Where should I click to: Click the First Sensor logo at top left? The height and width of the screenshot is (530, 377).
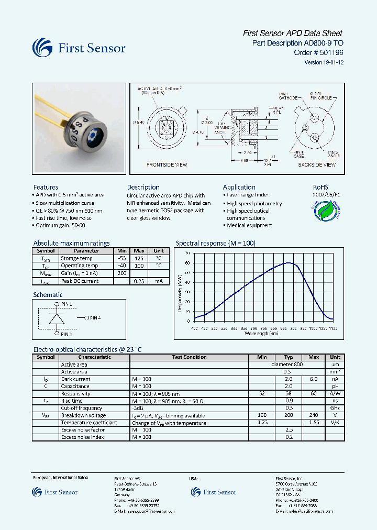[x=79, y=48]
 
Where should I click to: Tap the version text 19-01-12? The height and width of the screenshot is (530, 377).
[x=331, y=62]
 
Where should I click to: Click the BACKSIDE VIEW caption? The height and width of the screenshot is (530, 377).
[x=317, y=164]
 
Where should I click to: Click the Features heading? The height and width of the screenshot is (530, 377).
[x=46, y=187]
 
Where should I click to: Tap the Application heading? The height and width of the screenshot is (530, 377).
[x=239, y=187]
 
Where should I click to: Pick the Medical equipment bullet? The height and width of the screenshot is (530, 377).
[x=249, y=225]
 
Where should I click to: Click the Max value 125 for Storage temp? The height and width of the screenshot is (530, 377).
[x=139, y=258]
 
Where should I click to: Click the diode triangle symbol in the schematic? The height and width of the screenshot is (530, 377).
[x=57, y=318]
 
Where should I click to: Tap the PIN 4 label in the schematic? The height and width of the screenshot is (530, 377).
[x=95, y=317]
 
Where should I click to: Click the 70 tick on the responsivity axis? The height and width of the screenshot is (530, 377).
[x=187, y=253]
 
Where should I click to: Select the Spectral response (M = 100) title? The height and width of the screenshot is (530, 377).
[x=215, y=243]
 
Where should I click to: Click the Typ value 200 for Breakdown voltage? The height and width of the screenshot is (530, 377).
[x=289, y=415]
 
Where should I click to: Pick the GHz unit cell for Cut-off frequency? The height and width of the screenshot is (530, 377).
[x=335, y=408]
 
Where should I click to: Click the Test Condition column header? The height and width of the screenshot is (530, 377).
[x=189, y=357]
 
